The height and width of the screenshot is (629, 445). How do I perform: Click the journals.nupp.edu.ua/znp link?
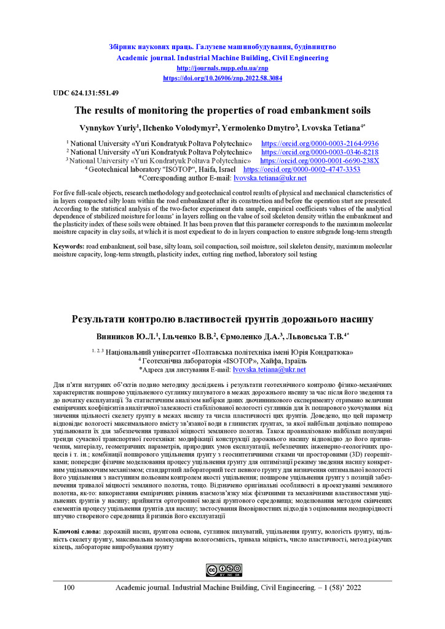pos(222,68)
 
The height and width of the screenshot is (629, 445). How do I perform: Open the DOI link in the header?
pos(222,79)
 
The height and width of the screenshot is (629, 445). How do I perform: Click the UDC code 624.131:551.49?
pos(77,93)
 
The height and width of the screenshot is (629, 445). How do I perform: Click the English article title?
pos(222,111)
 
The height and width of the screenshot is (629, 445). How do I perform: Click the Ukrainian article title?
pos(222,319)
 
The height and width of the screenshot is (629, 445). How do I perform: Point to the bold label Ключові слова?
pos(76,529)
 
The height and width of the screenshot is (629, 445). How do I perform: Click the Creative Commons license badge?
pos(222,571)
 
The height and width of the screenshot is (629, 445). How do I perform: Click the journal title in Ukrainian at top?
pos(222,47)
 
